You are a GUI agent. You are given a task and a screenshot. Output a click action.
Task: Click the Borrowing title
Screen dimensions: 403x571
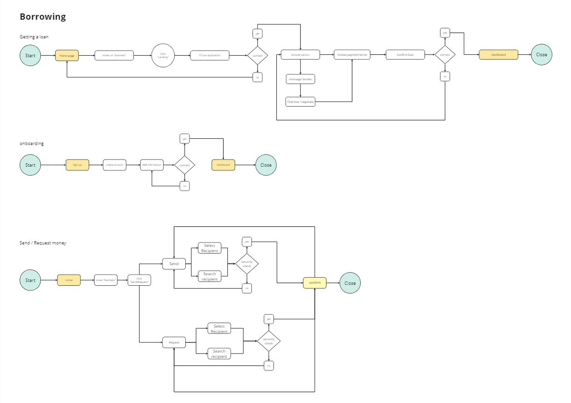pyautogui.click(x=43, y=17)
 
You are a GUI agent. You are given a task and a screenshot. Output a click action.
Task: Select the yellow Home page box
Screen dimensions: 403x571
pyautogui.click(x=67, y=56)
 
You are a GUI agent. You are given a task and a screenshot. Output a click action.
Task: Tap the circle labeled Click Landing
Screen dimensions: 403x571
pyautogui.click(x=163, y=55)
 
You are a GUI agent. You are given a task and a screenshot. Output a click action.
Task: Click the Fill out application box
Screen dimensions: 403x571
pyautogui.click(x=209, y=56)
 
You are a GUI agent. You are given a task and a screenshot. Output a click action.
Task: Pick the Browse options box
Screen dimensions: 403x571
pyautogui.click(x=300, y=55)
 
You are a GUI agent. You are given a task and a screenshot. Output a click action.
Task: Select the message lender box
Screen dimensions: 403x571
pyautogui.click(x=300, y=79)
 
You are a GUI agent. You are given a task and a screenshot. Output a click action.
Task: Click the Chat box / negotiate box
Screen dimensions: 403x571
pyautogui.click(x=300, y=102)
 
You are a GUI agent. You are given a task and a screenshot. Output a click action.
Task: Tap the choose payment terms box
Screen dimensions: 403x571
pyautogui.click(x=352, y=55)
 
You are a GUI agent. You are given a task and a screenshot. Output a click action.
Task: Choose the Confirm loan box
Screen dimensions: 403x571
pyautogui.click(x=405, y=55)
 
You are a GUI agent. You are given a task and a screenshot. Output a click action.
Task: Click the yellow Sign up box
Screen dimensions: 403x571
pyautogui.click(x=77, y=165)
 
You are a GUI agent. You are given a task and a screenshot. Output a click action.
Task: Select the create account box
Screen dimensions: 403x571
pyautogui.click(x=114, y=165)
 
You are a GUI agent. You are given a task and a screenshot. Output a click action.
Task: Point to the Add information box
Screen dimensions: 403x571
pyautogui.click(x=152, y=165)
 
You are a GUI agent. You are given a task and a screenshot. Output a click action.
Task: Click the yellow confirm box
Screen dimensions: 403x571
pyautogui.click(x=315, y=283)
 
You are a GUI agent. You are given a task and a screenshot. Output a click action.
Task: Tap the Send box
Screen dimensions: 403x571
pyautogui.click(x=174, y=264)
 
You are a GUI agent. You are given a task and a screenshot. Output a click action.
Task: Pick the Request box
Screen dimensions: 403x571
pyautogui.click(x=174, y=342)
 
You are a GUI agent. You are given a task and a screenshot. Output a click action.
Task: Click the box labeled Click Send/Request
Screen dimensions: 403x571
pyautogui.click(x=140, y=280)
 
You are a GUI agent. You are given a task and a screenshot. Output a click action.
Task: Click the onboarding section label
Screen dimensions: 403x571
pyautogui.click(x=31, y=143)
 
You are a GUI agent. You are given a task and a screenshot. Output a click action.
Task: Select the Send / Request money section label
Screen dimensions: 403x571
pyautogui.click(x=43, y=243)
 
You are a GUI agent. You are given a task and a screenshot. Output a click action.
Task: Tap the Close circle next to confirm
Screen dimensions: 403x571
pyautogui.click(x=350, y=283)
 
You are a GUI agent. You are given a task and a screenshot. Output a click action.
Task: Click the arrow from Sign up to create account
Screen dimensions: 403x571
pyautogui.click(x=96, y=165)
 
